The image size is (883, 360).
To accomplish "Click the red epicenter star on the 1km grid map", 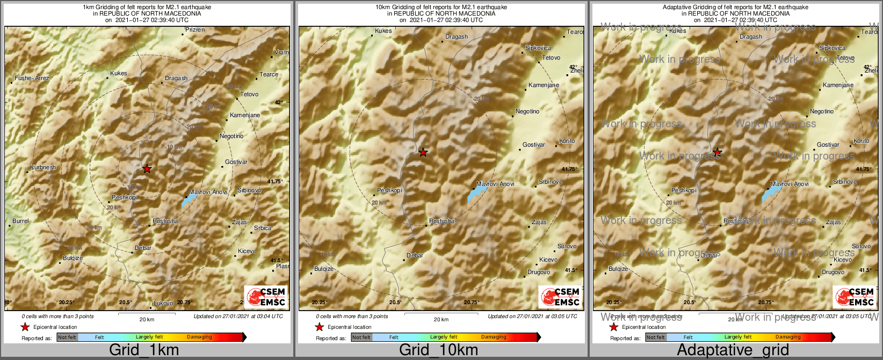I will coord(147,169).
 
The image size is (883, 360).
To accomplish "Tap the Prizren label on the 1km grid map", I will coord(195,30).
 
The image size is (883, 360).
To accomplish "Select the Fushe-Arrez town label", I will coord(32,78).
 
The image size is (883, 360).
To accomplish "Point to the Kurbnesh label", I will coord(43,168).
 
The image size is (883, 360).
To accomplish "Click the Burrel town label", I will coord(20,221).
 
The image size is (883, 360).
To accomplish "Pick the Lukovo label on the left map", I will coord(163,304).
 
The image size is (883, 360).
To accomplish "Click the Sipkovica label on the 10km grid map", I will coord(538,48).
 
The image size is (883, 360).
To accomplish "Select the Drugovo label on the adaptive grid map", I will coord(833,272).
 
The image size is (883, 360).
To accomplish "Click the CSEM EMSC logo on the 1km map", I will coord(266,297).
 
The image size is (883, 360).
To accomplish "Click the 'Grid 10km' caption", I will coord(438,350).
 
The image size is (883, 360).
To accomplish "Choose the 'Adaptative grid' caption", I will coord(733,350).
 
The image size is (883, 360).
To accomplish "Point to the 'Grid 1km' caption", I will coord(144,350).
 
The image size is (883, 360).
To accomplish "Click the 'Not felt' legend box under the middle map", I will coord(361,337).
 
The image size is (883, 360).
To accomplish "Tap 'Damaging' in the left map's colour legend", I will coord(199,337).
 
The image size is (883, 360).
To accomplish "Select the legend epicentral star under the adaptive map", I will coord(613,327).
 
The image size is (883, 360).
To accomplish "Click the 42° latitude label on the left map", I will coord(278,102).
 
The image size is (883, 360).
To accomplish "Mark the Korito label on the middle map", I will coord(567,141).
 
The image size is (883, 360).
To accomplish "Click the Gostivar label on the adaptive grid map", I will coord(828,145).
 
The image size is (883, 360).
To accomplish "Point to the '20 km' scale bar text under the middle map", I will coord(441,320).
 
